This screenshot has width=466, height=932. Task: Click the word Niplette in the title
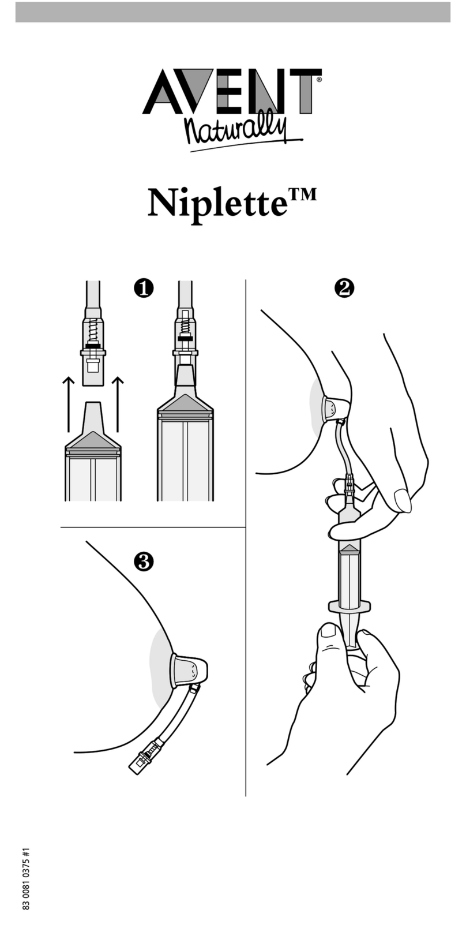coord(216,203)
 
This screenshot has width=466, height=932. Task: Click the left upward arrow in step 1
coord(68,404)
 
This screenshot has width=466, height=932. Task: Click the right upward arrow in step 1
coord(118,404)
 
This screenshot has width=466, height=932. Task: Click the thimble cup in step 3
coord(189,671)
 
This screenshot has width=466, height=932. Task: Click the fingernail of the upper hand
coord(401,499)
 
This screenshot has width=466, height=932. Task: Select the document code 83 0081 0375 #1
coord(26,878)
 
